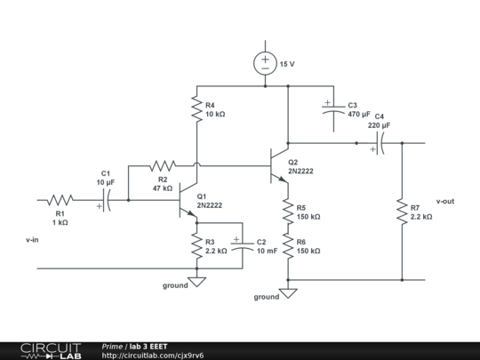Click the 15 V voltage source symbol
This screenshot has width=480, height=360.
pyautogui.click(x=265, y=63)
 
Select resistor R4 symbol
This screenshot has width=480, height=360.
pyautogui.click(x=196, y=109)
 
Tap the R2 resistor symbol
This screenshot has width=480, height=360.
pyautogui.click(x=163, y=165)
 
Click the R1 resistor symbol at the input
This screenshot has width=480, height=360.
pyautogui.click(x=60, y=200)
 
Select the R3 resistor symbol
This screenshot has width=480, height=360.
pyautogui.click(x=196, y=247)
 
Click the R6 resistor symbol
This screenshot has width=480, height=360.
pyautogui.click(x=288, y=246)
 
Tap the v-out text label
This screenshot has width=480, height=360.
pyautogui.click(x=445, y=202)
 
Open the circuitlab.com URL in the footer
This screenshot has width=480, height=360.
pyautogui.click(x=157, y=355)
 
